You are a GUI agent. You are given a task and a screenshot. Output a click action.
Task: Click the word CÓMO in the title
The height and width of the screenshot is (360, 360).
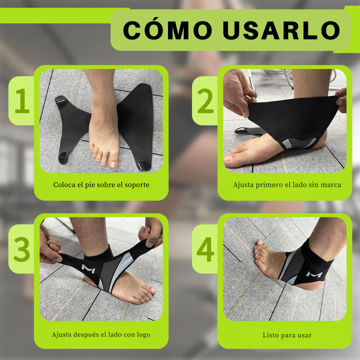pyautogui.click(x=168, y=30)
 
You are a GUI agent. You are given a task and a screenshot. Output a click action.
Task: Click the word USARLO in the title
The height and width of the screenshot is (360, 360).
pyautogui.click(x=281, y=30)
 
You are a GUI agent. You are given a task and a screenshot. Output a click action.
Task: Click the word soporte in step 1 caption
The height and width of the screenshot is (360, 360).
pyautogui.click(x=137, y=184)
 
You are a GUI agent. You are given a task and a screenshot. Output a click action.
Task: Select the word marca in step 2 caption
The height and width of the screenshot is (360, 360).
pyautogui.click(x=331, y=184)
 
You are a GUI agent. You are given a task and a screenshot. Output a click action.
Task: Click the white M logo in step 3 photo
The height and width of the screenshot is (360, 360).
pyautogui.click(x=88, y=268)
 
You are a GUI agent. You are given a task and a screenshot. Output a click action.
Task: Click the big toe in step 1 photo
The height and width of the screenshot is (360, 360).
pyautogui.click(x=114, y=163)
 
